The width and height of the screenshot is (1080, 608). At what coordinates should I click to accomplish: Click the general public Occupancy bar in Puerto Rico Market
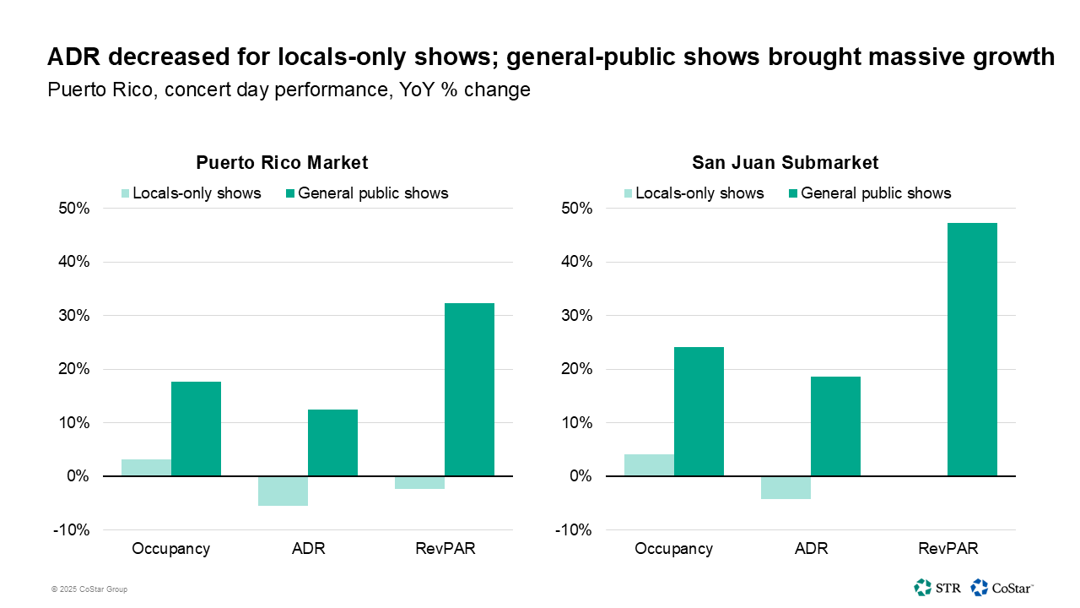coord(196,429)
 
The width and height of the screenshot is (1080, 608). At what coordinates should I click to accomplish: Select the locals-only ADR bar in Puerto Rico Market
coord(283,491)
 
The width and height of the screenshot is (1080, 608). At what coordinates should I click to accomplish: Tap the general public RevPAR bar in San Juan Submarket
coord(972,350)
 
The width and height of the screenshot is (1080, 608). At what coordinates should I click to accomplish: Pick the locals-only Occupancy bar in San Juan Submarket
coord(649,465)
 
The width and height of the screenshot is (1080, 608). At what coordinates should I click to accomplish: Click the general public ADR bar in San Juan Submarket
coord(835,426)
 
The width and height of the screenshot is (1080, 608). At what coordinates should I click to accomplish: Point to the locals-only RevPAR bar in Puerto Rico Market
coord(419,483)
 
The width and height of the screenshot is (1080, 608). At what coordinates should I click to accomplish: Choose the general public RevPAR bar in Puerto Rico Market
coord(469,389)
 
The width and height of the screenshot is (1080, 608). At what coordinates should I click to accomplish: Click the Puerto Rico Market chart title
coord(282,162)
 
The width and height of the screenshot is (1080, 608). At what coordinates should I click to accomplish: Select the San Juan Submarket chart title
coord(785,162)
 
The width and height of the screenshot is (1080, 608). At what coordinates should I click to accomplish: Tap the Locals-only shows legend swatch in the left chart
coord(126,193)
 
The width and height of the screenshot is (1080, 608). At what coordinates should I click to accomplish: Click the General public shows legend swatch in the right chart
coord(793,193)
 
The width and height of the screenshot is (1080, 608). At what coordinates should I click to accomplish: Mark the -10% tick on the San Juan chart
coord(574,530)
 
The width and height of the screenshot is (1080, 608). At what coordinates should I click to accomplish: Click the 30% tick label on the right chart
coord(577,316)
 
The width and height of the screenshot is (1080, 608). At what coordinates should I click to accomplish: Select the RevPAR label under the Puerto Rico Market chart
coord(445,549)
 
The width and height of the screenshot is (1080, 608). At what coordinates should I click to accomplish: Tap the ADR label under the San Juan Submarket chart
coord(811,549)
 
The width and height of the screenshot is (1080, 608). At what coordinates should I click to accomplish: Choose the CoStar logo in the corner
coord(1002,587)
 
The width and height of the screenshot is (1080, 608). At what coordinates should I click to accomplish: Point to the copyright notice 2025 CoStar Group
coord(89,589)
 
